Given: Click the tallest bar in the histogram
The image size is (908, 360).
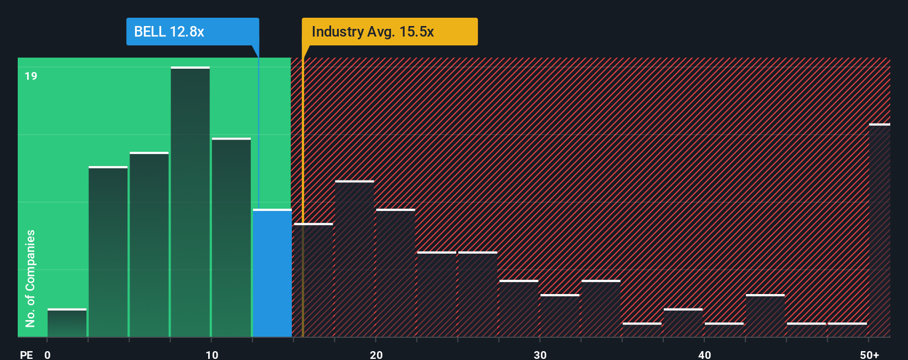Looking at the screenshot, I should pos(190,202).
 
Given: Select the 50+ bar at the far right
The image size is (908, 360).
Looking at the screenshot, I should pos(879,230).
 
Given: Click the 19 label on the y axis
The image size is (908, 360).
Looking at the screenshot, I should pos(31,76).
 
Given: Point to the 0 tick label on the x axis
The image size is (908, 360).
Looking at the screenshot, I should pos(48,354).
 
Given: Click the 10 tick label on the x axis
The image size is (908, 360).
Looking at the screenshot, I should pos(211,354).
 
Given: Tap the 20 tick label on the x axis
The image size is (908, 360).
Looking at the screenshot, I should pos(376,354).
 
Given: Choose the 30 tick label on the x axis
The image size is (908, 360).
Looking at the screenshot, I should pos(540,354).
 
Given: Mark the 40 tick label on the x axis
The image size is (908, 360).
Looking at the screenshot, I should pos(704,354).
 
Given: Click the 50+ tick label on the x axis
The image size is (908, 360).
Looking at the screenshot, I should pos(869,354).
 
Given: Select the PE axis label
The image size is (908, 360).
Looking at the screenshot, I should pos(26,354).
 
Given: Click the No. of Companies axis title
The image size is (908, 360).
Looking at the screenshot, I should pos(30,278).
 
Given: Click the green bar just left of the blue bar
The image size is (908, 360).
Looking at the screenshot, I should pos(231,238).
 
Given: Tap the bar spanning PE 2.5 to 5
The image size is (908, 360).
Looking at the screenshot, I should pos(108,252).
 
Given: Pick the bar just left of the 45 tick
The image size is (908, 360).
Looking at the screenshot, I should pos(765,316).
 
